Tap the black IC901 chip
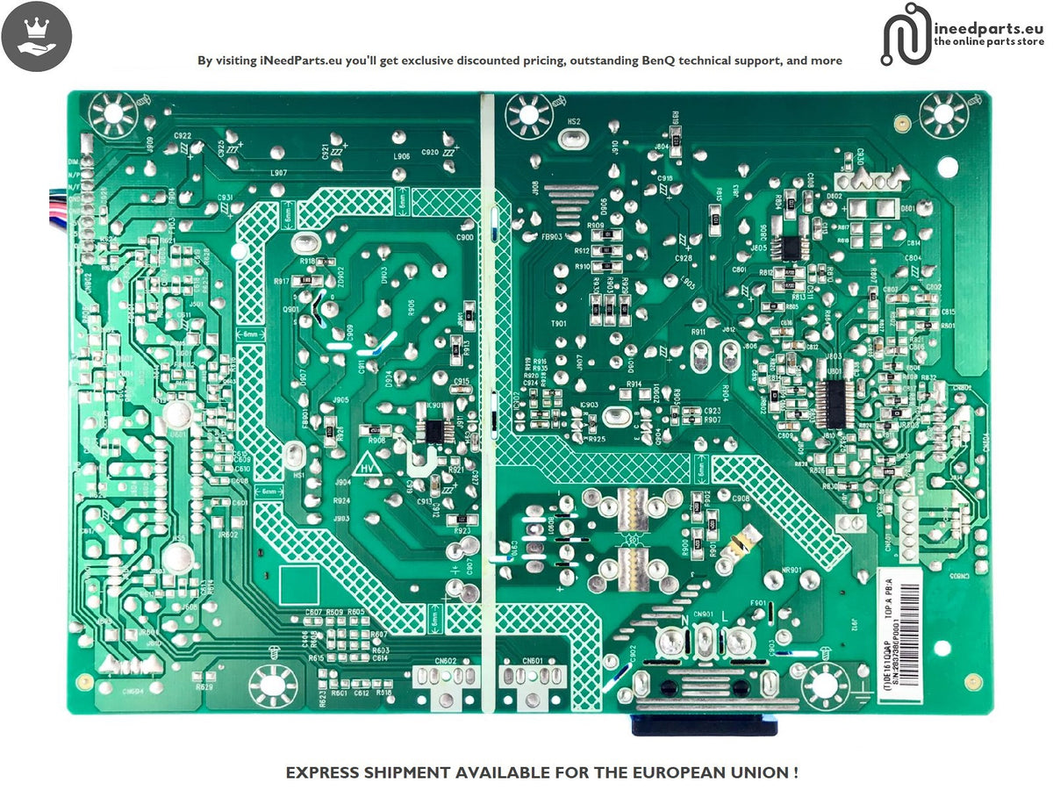(433, 430)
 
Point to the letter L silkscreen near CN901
(726, 620)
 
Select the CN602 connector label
(445, 661)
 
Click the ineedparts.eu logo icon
(905, 34)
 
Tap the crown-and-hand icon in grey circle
(36, 36)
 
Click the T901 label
(558, 324)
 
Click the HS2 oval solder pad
(573, 139)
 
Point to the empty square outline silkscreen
(298, 585)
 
